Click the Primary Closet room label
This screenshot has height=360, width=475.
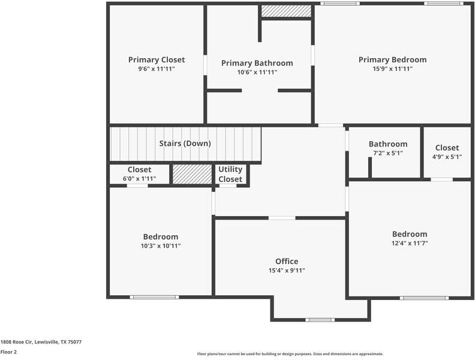point(157,59)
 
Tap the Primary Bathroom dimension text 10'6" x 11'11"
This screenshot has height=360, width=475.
point(257,72)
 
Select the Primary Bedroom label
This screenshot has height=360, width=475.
point(392,59)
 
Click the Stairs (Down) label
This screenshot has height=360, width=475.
point(185,143)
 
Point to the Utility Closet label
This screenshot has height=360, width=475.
point(230,175)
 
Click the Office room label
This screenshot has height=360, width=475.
point(287,261)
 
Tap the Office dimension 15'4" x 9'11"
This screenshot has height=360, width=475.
point(287,270)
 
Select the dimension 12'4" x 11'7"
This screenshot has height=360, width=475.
point(410,243)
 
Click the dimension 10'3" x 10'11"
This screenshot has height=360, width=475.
point(160,245)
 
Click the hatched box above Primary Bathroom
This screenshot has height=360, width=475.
point(286,11)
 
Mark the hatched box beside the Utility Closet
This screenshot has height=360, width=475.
point(192,174)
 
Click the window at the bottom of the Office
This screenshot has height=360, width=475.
point(320,319)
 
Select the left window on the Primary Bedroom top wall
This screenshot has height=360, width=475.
point(340,4)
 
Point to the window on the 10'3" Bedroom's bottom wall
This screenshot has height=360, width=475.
point(154,297)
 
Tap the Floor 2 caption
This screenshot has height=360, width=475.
point(8,352)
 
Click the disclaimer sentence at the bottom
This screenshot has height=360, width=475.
point(290,354)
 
